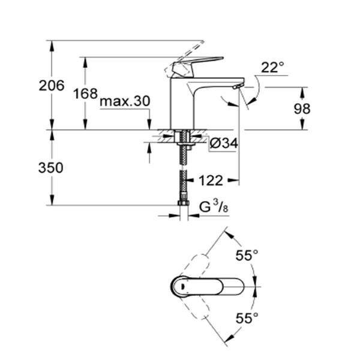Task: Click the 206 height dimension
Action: (52, 86)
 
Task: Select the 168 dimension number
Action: (85, 94)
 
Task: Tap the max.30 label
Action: (125, 101)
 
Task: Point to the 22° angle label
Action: (272, 67)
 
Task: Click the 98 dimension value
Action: (302, 109)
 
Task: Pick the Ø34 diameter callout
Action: (224, 143)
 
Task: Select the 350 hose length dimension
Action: (50, 167)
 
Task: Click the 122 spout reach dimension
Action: (211, 181)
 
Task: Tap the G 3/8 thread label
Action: (214, 206)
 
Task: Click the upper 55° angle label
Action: (247, 255)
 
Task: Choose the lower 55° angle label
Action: (247, 318)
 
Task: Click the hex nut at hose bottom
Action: (183, 203)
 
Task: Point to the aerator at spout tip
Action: (238, 86)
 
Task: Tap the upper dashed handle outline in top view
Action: (198, 266)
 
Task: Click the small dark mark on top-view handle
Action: (183, 286)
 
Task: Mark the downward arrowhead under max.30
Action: (149, 124)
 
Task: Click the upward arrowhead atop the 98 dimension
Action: (302, 93)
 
